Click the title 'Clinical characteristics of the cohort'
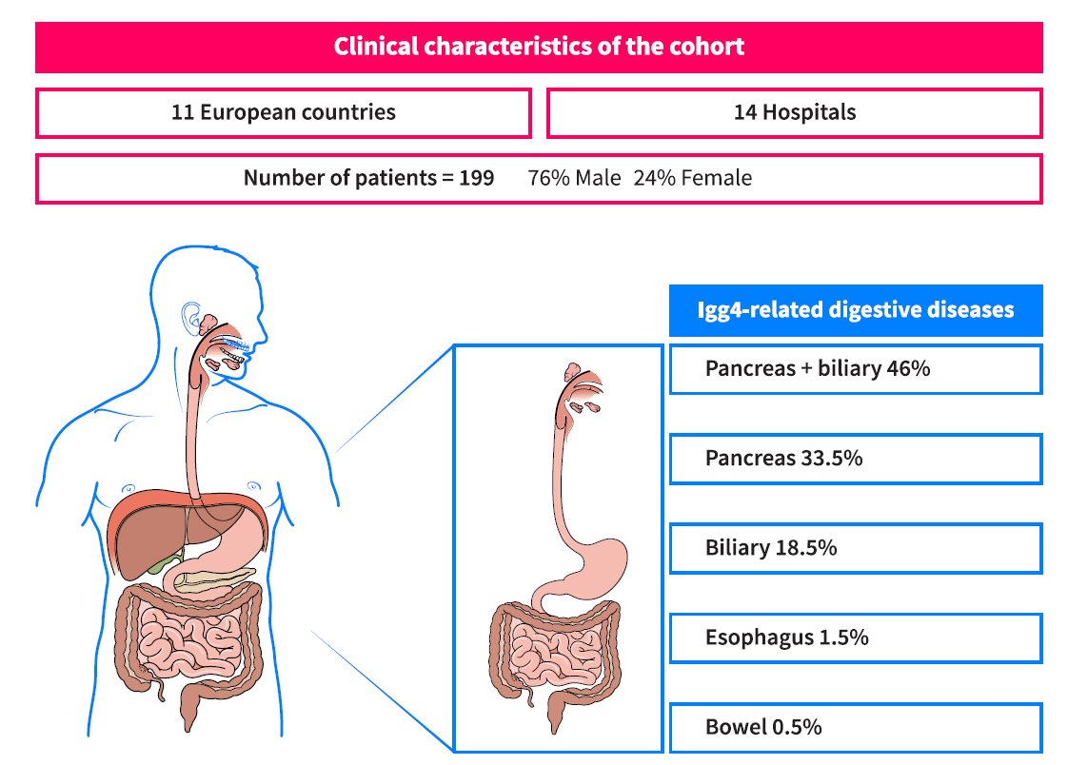coord(539,47)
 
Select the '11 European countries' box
coord(283,112)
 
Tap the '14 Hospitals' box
coord(794,112)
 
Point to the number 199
coord(476,178)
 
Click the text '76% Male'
coord(574,178)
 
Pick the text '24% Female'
coord(692,178)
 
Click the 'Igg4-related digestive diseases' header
coord(855,310)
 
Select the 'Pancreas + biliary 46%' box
coord(855,369)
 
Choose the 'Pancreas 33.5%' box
coord(855,459)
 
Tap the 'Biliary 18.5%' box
coord(855,548)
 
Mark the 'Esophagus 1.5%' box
coord(855,637)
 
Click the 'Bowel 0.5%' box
coord(855,727)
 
